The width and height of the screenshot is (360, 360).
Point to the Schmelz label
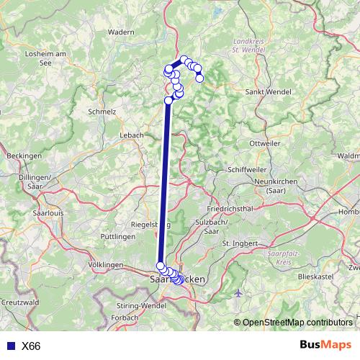[102, 112]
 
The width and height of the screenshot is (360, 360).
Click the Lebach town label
[132, 135]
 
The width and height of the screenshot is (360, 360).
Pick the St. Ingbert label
[239, 243]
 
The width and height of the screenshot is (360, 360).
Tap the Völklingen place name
[105, 265]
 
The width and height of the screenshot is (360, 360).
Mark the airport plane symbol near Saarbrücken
[239, 293]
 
